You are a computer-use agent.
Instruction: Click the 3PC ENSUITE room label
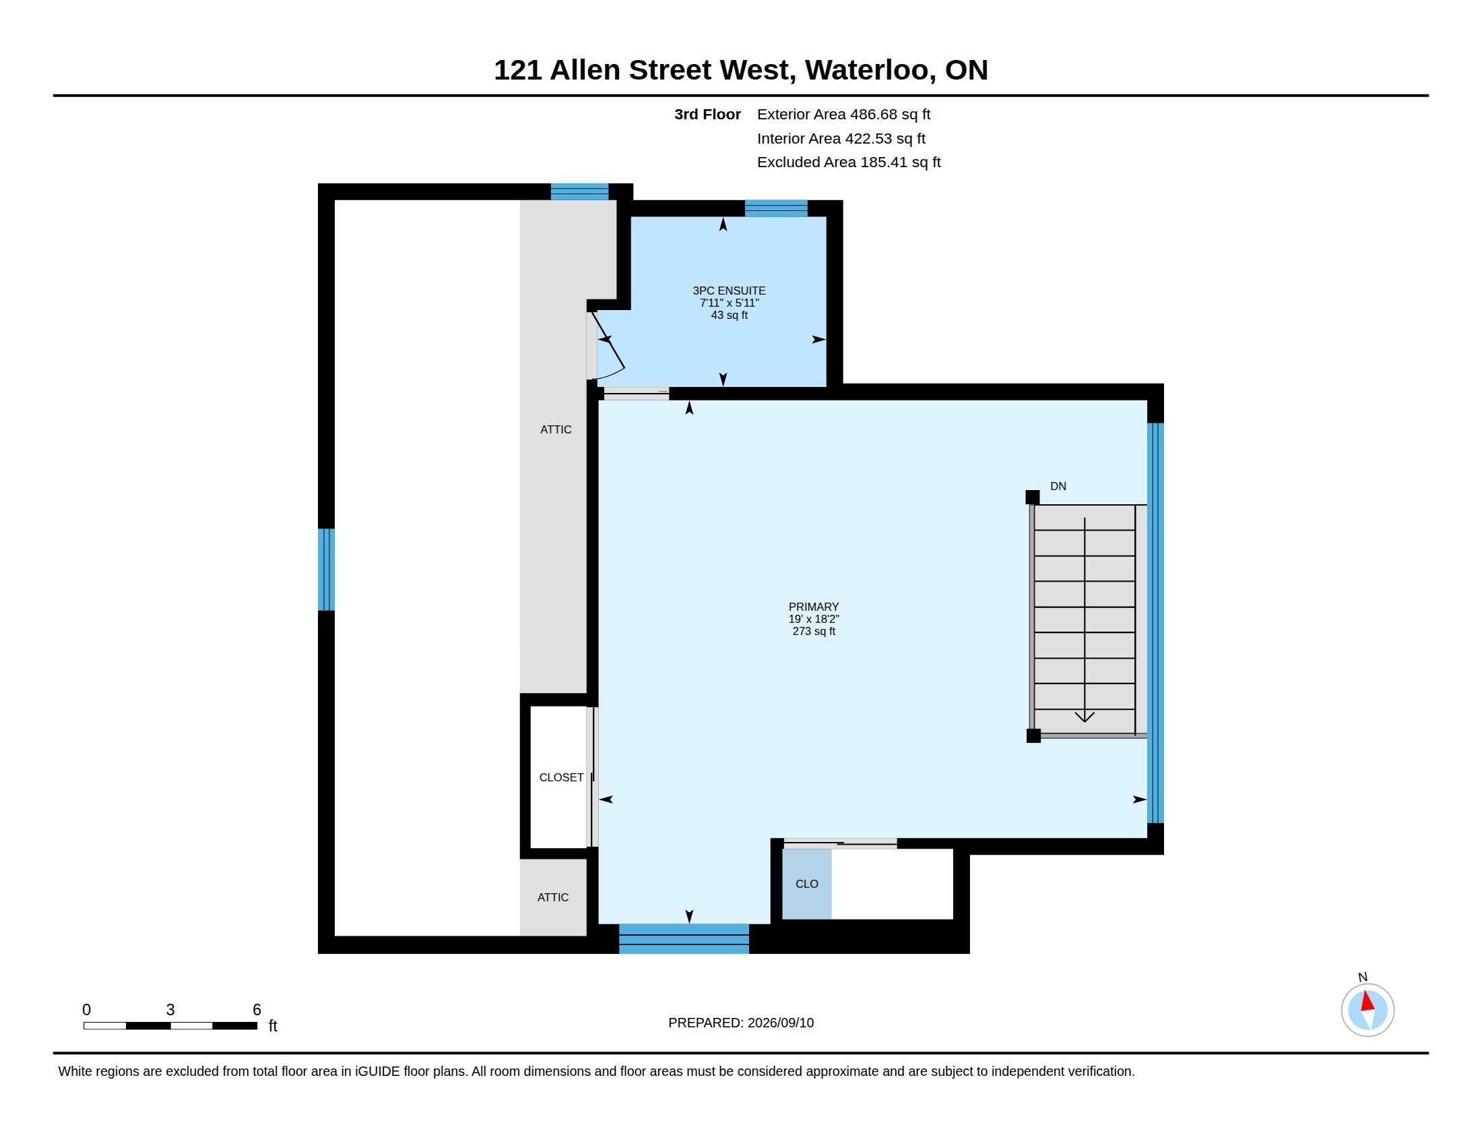[729, 291]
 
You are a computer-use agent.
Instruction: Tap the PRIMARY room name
[814, 607]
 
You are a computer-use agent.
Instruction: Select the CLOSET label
[561, 777]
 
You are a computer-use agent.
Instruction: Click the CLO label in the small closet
[807, 884]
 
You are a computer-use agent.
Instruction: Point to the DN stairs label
[1058, 486]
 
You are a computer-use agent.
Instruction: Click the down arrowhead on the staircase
[1085, 716]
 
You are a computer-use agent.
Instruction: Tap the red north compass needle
[1367, 1000]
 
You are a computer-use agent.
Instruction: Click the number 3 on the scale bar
[170, 1010]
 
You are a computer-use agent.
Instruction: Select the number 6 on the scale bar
[257, 1010]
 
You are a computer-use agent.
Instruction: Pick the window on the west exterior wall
[327, 570]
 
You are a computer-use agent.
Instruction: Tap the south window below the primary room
[684, 939]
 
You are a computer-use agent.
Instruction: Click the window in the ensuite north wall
[776, 208]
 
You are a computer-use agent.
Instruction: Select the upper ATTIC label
[556, 430]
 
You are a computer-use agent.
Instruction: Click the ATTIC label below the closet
[553, 897]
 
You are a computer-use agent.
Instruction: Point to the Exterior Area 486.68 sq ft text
[843, 115]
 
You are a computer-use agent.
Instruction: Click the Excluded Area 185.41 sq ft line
[849, 162]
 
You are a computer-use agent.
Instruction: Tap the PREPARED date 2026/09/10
[780, 1023]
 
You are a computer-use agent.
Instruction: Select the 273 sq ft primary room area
[814, 632]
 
